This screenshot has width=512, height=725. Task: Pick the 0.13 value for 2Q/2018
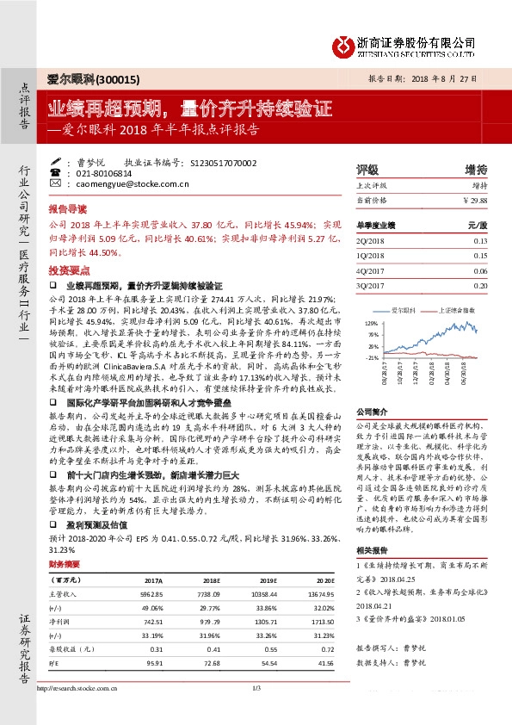(479, 241)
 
